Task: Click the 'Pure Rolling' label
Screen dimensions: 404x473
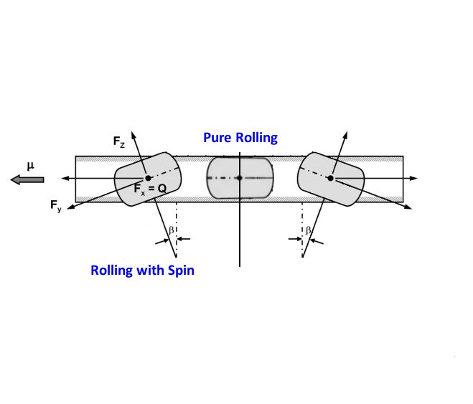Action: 240,137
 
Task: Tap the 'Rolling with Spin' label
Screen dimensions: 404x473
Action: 142,271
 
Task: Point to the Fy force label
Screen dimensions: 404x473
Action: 56,207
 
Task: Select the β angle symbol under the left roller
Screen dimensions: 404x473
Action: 170,230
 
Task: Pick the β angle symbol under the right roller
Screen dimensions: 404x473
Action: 308,230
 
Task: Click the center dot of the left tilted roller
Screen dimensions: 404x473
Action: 148,177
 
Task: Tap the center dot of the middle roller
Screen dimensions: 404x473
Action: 239,177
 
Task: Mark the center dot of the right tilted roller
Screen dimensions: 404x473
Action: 330,177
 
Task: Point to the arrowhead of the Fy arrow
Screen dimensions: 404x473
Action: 69,206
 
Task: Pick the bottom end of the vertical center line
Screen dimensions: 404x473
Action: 239,266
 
